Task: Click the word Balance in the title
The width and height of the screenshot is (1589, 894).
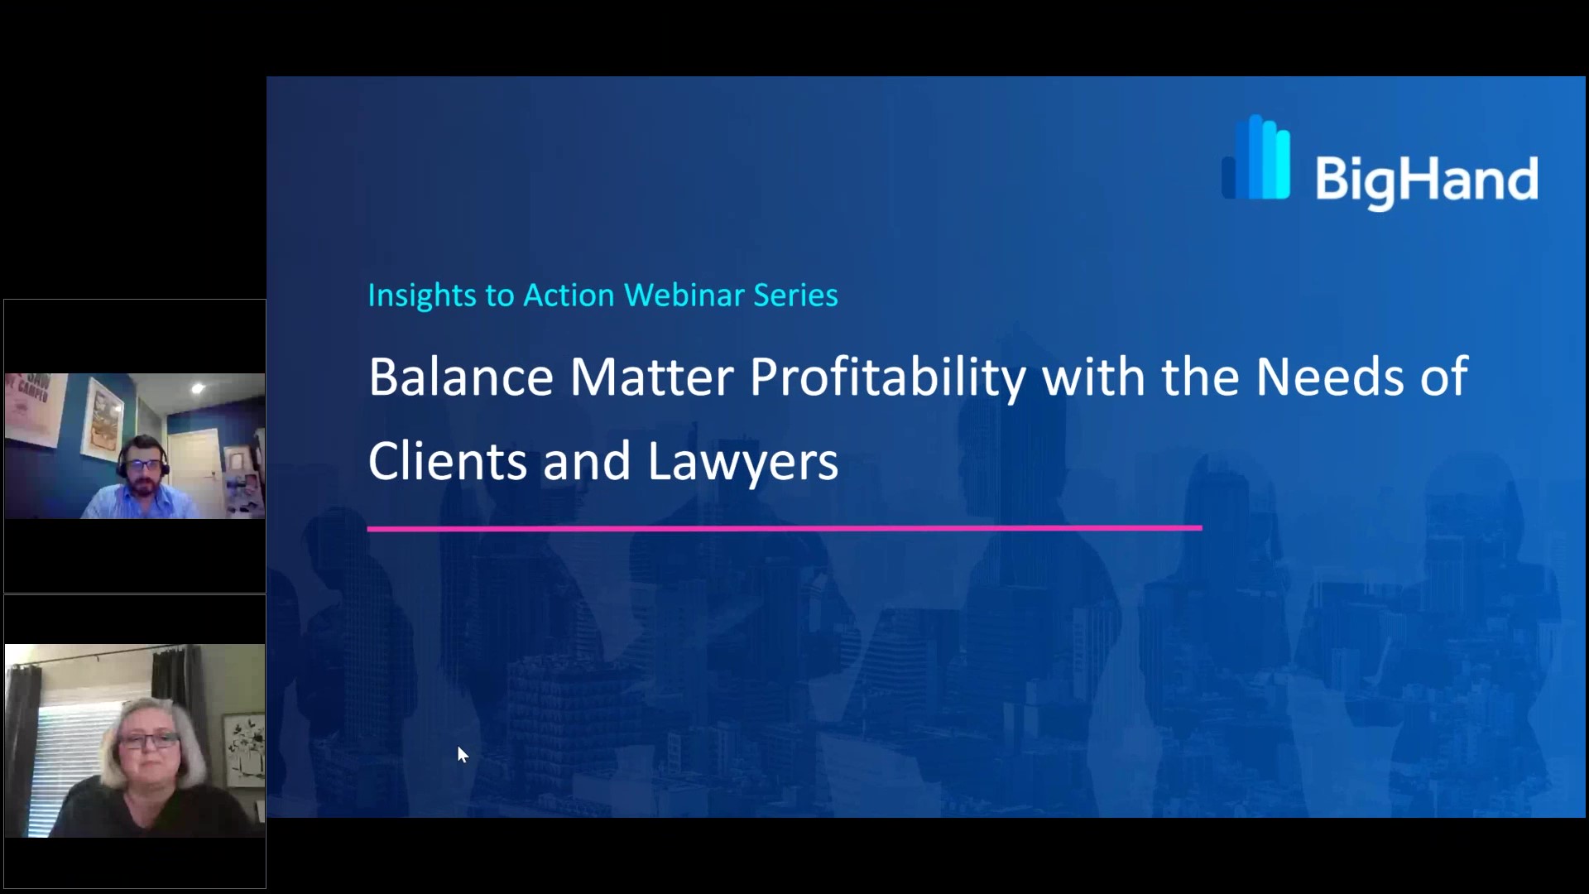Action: point(461,377)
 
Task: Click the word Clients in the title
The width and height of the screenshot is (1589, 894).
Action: point(448,461)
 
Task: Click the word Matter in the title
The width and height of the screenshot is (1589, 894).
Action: point(651,377)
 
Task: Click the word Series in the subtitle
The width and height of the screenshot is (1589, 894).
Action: point(795,296)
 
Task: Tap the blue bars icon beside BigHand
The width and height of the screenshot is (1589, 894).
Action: point(1255,157)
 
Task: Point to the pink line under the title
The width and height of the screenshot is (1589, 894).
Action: point(785,527)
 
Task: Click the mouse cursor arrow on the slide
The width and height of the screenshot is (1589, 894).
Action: point(463,754)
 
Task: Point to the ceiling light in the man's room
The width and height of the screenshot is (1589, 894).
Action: point(198,387)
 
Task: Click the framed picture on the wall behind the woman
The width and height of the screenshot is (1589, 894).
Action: point(244,749)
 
